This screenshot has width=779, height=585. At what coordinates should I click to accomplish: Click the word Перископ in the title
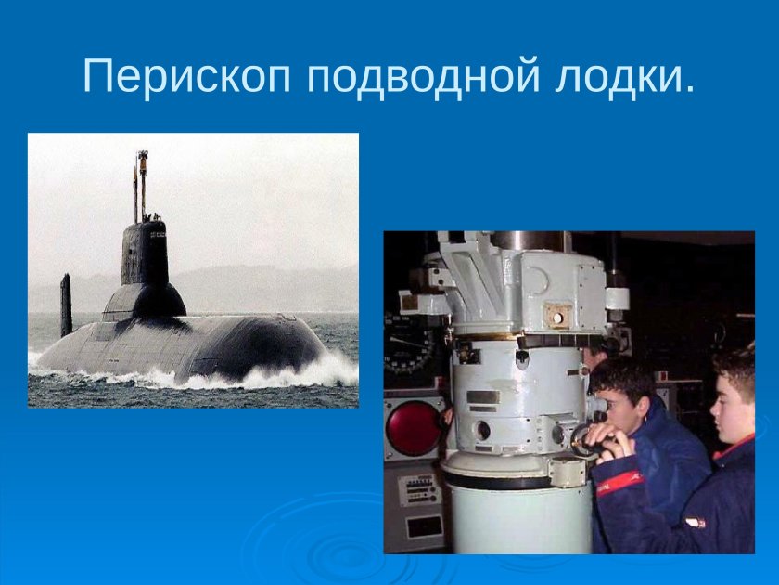click(x=186, y=76)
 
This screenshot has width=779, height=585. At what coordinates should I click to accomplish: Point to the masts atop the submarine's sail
click(x=140, y=181)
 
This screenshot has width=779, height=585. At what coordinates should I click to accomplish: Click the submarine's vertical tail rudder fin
click(x=66, y=305)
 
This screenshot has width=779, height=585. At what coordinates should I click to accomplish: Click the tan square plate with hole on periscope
click(x=556, y=315)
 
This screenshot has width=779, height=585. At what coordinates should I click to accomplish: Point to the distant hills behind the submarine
click(x=269, y=283)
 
